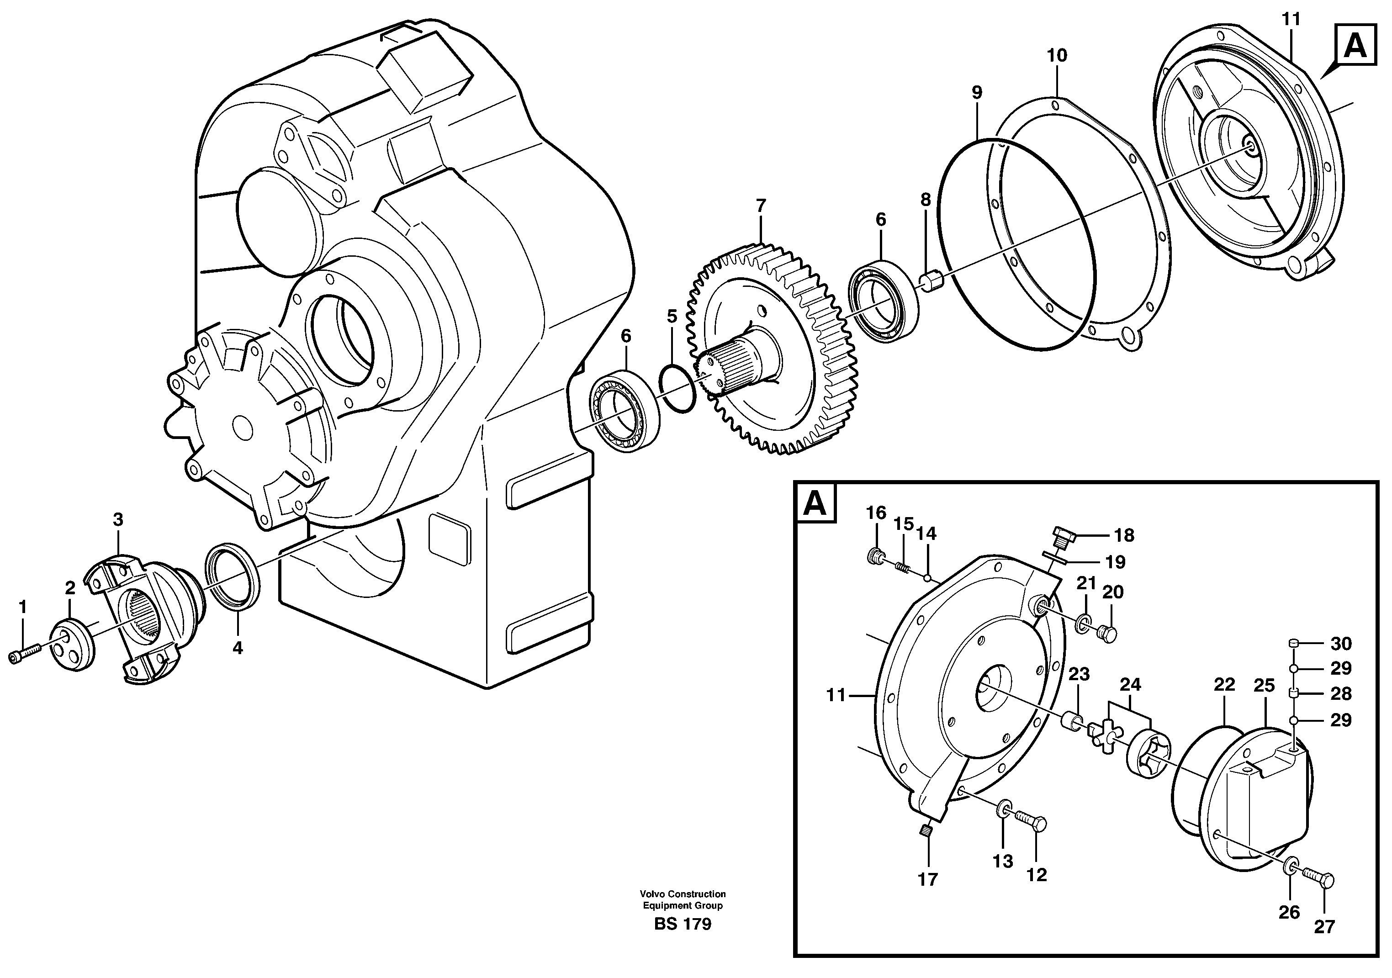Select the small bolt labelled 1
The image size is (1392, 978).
[x=24, y=654]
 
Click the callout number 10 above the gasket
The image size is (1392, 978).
[x=1057, y=56]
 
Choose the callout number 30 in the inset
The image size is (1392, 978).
[x=1341, y=644]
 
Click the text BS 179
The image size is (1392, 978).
[x=683, y=925]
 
